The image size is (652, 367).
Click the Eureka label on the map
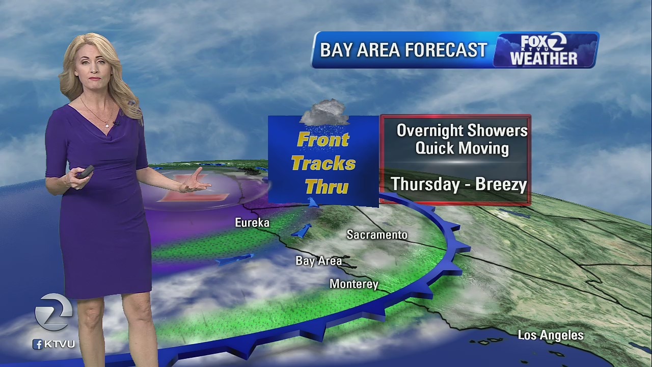point(252,223)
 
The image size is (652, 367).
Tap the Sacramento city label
point(377,234)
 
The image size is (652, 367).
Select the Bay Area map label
point(318,261)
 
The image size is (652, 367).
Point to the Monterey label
point(354,284)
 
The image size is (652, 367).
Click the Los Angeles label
point(551,335)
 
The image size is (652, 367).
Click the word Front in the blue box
point(323,140)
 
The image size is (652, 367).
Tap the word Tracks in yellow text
point(323,164)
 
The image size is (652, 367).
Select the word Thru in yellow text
point(327,187)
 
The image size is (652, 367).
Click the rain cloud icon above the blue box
point(324,112)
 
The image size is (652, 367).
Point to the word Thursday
point(425,184)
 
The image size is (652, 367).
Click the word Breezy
point(501,184)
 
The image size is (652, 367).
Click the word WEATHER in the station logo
point(544,58)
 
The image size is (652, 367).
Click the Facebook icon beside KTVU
point(38,344)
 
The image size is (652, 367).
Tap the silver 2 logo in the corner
point(53,312)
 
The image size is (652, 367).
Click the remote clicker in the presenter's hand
point(85,172)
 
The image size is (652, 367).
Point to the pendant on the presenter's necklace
point(107,124)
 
